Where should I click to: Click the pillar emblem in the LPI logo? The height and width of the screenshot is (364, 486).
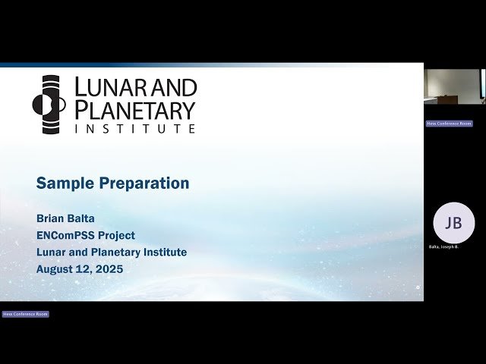click(51, 104)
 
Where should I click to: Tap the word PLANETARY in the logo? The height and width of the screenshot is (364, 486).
click(134, 109)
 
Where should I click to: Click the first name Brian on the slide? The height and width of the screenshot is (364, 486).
click(52, 219)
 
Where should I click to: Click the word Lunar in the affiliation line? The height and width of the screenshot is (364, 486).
click(52, 253)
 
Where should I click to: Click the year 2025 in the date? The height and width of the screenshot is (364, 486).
click(108, 269)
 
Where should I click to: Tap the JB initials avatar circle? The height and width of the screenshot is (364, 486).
click(453, 223)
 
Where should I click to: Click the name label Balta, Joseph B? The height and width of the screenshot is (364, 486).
click(443, 247)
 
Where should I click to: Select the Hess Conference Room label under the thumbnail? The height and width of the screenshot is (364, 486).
click(449, 123)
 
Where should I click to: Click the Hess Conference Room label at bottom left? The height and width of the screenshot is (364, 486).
click(25, 314)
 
